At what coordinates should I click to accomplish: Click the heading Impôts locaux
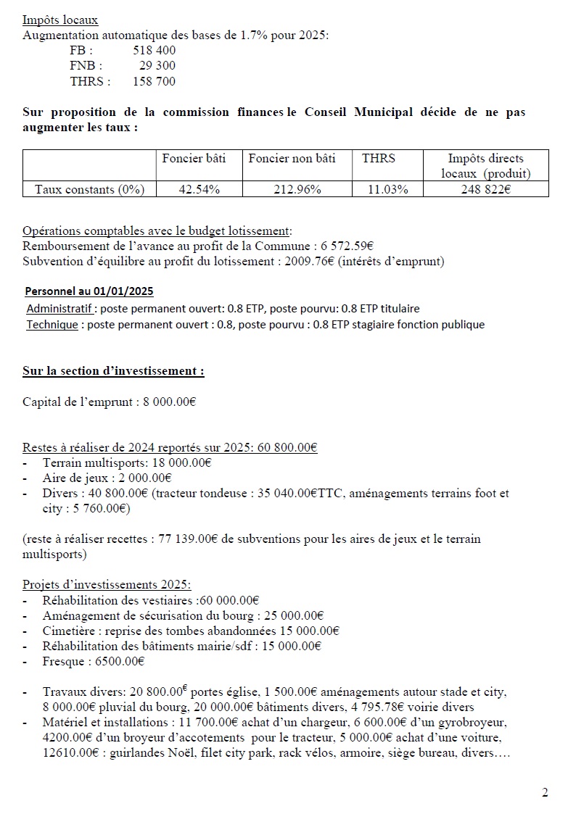pos(60,20)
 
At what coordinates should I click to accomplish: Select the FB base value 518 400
pos(154,51)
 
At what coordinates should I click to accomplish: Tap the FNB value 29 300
pos(157,66)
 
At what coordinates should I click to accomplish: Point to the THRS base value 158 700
pos(154,81)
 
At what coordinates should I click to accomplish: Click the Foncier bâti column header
pos(194,158)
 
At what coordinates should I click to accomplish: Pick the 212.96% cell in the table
pos(297,189)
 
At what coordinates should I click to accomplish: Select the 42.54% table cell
pos(199,189)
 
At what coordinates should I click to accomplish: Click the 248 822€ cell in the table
pos(485,189)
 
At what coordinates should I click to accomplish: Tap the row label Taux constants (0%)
pos(90,189)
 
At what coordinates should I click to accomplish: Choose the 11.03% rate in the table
pos(387,189)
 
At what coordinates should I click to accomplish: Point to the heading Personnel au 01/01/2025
pos(89,291)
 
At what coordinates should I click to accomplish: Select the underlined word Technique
pos(52,324)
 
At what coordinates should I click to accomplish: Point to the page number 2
pos(545,792)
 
